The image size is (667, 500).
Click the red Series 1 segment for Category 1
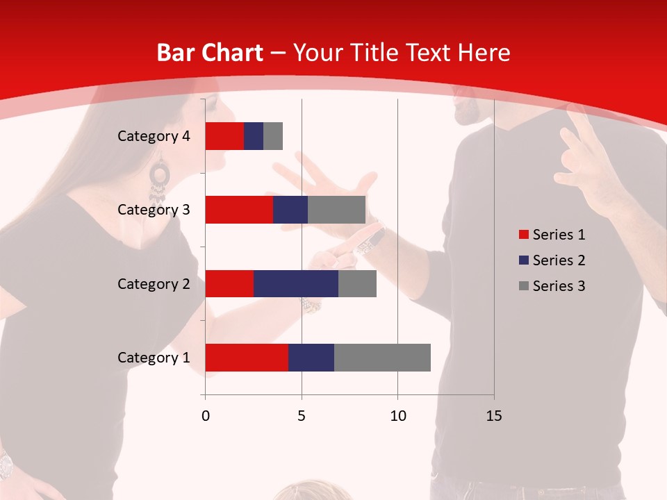(247, 358)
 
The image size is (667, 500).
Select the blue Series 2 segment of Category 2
(296, 283)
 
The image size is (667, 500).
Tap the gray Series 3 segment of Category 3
(336, 210)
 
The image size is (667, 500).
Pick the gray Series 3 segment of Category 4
(273, 136)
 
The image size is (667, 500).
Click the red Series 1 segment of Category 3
(239, 210)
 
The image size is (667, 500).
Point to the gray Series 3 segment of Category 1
(382, 358)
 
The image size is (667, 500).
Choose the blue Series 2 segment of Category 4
(254, 136)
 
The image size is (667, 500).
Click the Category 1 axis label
(154, 358)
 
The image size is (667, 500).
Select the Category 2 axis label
(154, 283)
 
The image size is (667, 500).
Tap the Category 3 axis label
(154, 209)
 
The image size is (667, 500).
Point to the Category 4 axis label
(154, 136)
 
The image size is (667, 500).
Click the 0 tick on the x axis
(206, 416)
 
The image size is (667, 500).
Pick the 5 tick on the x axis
(302, 416)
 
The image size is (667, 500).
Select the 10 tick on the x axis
(397, 416)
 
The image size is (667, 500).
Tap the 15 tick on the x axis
(493, 416)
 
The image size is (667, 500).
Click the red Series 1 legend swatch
(523, 235)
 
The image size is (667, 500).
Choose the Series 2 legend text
(559, 260)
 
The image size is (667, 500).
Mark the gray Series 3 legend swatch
(523, 286)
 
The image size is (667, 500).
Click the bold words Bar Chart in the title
(209, 53)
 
